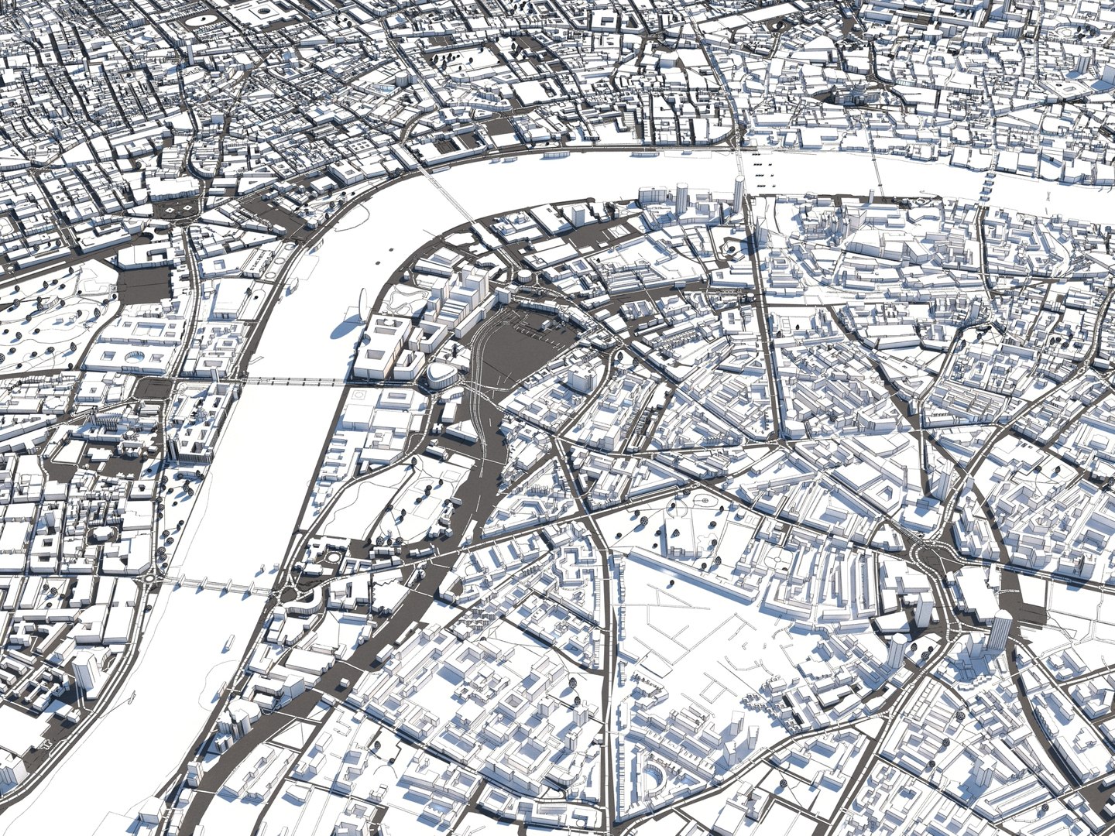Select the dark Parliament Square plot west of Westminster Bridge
pos(144,282)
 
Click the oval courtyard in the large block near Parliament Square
pos(135,355)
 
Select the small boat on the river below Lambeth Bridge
pos(231,640)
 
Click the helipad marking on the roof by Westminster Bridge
pos(358,395)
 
